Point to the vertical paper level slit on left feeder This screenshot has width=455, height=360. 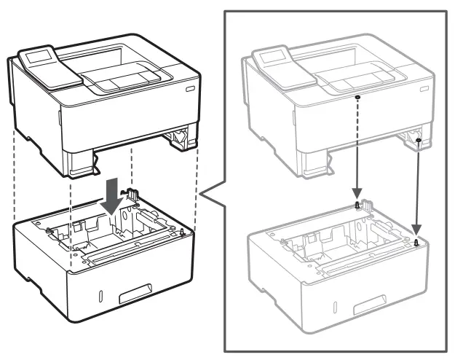(x=100, y=297)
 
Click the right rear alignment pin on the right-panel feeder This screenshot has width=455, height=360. (x=416, y=243)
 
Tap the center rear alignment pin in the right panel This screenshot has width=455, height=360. (x=357, y=206)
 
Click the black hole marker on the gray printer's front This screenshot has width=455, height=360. (x=357, y=97)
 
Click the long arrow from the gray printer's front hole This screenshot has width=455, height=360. (x=357, y=153)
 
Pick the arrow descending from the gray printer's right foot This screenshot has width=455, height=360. (x=417, y=189)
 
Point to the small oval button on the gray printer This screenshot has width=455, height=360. (x=424, y=86)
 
